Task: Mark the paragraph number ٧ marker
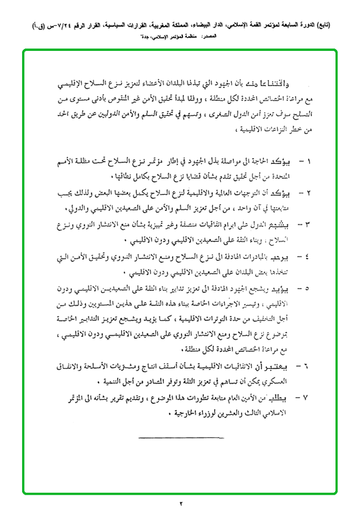pyautogui.click(x=300, y=398)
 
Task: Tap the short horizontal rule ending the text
pyautogui.click(x=165, y=437)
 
